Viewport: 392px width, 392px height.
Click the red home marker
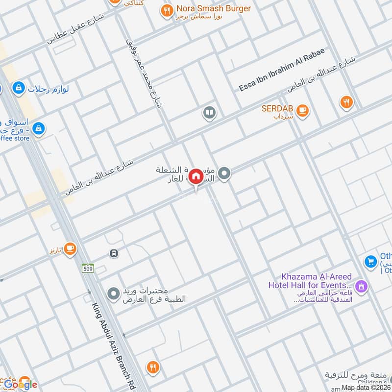(x=196, y=176)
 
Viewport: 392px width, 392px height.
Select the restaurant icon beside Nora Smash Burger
(x=167, y=9)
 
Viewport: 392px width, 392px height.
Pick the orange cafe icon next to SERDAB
(x=303, y=110)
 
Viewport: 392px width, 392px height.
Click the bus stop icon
(x=114, y=253)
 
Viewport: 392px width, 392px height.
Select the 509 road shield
(x=88, y=268)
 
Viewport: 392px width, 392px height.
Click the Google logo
(x=22, y=384)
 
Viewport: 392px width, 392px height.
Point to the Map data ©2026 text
(x=366, y=387)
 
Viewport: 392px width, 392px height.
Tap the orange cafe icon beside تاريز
(x=70, y=249)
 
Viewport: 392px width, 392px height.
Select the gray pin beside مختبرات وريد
(x=114, y=294)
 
